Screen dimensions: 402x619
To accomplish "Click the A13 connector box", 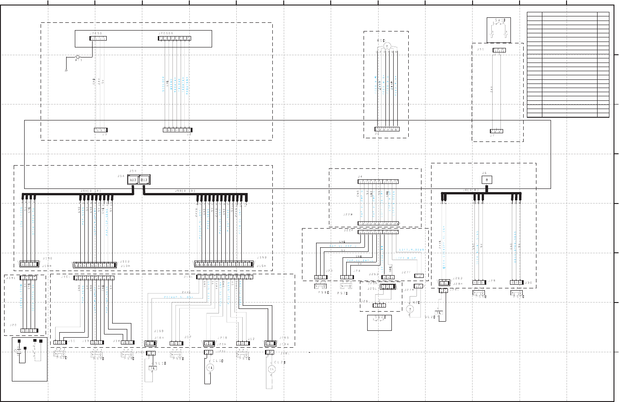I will (133, 180).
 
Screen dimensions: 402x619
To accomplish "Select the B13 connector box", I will (144, 180).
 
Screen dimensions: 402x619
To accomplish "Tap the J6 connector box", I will (487, 180).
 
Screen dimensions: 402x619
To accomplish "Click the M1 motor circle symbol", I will (387, 46).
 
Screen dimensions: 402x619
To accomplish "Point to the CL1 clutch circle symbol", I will (210, 367).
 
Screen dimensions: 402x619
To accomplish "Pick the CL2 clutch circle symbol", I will (272, 369).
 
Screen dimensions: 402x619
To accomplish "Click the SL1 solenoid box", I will (152, 368).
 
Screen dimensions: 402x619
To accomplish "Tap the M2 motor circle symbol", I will (410, 309).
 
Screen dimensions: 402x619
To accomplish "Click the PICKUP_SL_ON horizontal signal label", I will (179, 297).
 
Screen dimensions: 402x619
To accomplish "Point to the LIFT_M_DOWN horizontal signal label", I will (412, 250).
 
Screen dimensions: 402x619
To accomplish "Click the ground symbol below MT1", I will (67, 70).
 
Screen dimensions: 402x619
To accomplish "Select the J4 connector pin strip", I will (378, 182).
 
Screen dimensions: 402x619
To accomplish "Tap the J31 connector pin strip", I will (499, 50).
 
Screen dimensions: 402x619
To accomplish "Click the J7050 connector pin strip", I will (98, 38).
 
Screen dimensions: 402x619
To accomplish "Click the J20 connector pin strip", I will (29, 330).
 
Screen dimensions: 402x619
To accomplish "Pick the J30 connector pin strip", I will (516, 282).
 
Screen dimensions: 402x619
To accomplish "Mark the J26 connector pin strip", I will (380, 305).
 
